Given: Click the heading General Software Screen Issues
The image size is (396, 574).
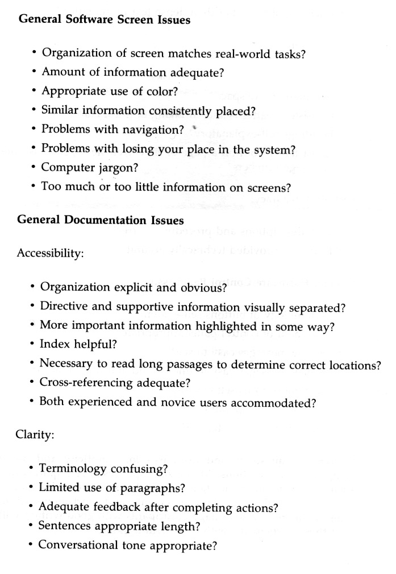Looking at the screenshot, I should pyautogui.click(x=105, y=20).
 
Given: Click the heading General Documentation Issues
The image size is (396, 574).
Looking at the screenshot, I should pyautogui.click(x=101, y=220).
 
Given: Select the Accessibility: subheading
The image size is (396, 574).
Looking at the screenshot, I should pyautogui.click(x=51, y=253).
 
